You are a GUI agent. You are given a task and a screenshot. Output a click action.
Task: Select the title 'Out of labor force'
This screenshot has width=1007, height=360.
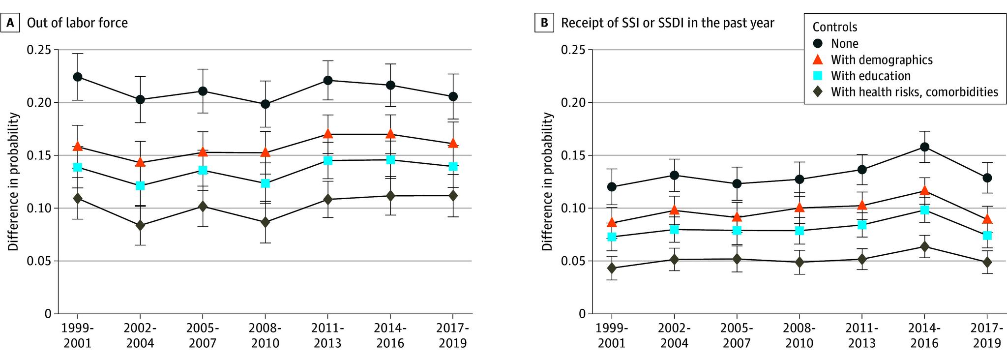pyautogui.click(x=77, y=23)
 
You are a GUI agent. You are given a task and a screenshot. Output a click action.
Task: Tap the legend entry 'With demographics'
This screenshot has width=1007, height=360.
pyautogui.click(x=881, y=60)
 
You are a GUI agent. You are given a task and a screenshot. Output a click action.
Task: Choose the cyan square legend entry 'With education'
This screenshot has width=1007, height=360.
pyautogui.click(x=870, y=76)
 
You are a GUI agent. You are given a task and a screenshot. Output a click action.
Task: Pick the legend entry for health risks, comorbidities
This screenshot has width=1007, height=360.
pyautogui.click(x=914, y=92)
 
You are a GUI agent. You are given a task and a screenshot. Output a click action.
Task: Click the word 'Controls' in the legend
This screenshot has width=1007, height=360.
pyautogui.click(x=834, y=27)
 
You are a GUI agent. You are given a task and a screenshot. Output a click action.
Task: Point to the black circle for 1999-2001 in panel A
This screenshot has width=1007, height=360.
pyautogui.click(x=77, y=77)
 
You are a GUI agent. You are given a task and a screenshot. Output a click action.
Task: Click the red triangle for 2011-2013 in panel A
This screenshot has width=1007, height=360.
pyautogui.click(x=327, y=134)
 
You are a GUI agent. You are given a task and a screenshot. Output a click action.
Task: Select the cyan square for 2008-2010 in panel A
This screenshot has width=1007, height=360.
pyautogui.click(x=265, y=183)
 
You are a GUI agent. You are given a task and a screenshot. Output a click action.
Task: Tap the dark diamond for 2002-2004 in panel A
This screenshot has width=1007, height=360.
pyautogui.click(x=140, y=225)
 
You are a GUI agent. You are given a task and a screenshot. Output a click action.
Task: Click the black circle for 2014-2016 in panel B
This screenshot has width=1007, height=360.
pyautogui.click(x=924, y=147)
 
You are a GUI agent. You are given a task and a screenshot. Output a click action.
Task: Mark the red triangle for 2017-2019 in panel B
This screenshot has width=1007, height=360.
pyautogui.click(x=987, y=219)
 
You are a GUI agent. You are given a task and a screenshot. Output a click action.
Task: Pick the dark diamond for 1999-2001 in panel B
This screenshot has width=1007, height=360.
pyautogui.click(x=612, y=268)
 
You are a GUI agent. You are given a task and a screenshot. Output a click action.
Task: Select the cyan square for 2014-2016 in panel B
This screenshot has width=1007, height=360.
pyautogui.click(x=924, y=210)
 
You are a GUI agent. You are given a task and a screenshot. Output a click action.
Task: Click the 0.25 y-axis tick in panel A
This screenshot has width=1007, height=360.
pyautogui.click(x=38, y=50)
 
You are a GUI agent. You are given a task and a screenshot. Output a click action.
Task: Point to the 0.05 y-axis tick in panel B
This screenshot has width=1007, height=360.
pyautogui.click(x=572, y=261)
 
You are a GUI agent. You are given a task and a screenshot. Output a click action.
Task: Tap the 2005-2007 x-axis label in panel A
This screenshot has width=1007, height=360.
pyautogui.click(x=203, y=335)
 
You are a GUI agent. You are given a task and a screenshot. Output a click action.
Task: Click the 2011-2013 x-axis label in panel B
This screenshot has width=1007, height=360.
pyautogui.click(x=862, y=335)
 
